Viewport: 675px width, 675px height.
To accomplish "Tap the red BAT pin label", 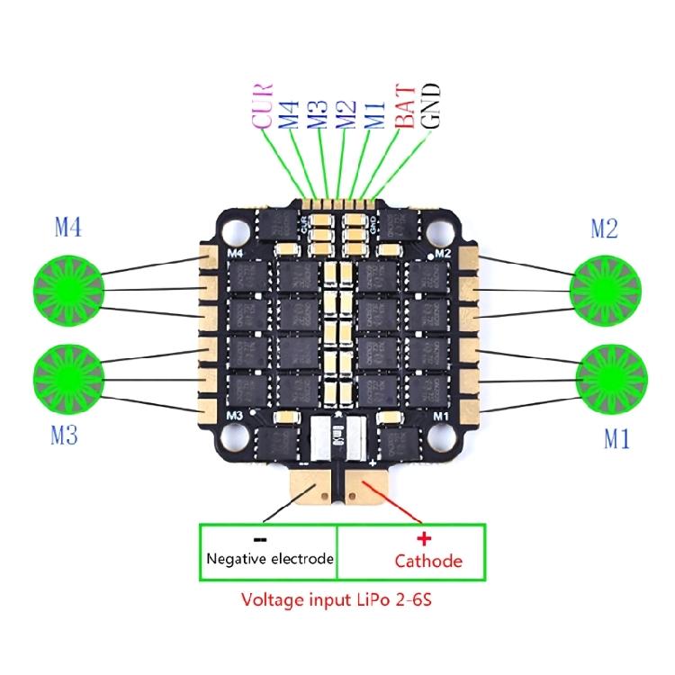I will coord(405,107).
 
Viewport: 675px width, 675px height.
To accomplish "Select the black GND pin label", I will coord(432,106).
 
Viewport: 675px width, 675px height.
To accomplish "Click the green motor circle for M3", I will coord(68,375).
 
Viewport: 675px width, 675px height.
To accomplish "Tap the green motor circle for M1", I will coord(608,375).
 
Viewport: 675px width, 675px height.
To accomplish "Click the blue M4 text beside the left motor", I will coord(68,229).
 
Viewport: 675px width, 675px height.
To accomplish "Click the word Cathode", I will coord(428,562).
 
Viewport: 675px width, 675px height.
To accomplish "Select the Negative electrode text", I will coord(270,559).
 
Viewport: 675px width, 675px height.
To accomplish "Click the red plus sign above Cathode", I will coord(426,538).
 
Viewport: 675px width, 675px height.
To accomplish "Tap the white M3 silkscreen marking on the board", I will coord(237,415).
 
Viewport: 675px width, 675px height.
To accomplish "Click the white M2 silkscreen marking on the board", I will coord(441,256).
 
